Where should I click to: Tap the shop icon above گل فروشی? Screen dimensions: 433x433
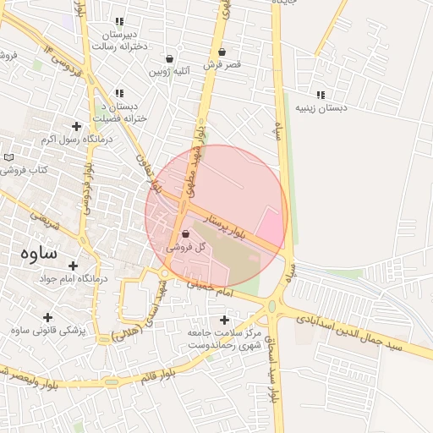click(x=185, y=234)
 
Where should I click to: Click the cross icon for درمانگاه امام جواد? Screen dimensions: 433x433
click(x=73, y=266)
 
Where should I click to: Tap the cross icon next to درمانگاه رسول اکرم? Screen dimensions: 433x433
click(x=77, y=126)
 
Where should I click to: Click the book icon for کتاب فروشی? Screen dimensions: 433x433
click(x=9, y=157)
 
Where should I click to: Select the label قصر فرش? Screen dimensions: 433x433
click(x=222, y=64)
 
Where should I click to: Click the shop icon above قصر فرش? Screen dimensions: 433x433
click(x=222, y=52)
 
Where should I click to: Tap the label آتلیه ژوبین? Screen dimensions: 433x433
click(x=171, y=72)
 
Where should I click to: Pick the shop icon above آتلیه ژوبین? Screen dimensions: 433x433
click(x=171, y=59)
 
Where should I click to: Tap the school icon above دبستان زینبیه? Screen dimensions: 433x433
click(x=320, y=95)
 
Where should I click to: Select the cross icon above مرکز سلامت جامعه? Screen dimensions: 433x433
click(x=224, y=320)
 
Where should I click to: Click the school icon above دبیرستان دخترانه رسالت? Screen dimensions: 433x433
click(x=119, y=22)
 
